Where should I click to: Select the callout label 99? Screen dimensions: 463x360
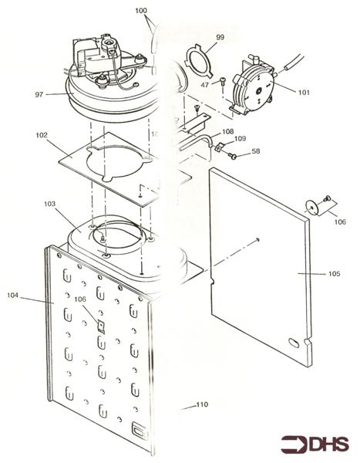pyautogui.click(x=220, y=37)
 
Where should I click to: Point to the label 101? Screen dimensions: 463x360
pyautogui.click(x=303, y=93)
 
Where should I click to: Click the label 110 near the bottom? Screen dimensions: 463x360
pyautogui.click(x=202, y=405)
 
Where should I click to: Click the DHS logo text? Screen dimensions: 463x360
pyautogui.click(x=329, y=445)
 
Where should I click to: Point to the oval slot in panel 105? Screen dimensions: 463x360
pyautogui.click(x=293, y=342)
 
